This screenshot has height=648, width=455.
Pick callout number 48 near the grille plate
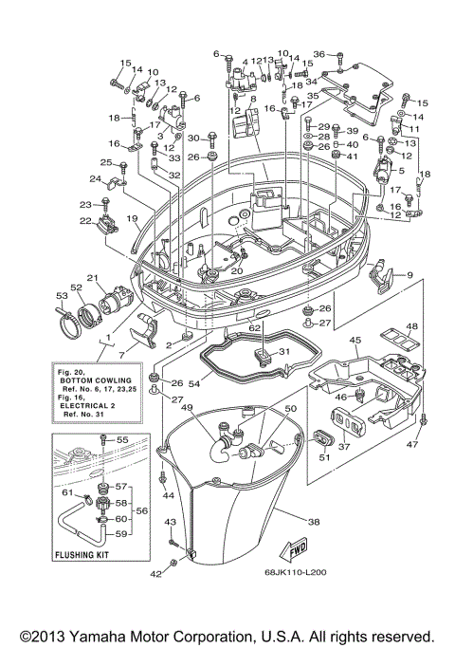click(x=410, y=327)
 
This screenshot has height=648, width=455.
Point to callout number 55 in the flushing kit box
click(x=121, y=440)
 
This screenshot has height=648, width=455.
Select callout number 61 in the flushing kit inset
click(x=66, y=492)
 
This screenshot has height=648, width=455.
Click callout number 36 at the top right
click(x=318, y=54)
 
